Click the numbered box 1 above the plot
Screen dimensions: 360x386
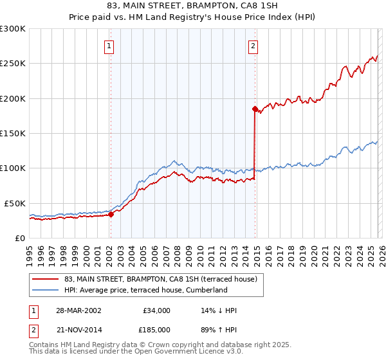click(110, 46)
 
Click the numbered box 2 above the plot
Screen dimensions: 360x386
click(253, 46)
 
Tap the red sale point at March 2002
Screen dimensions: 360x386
click(111, 215)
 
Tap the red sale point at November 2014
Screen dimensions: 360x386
click(255, 109)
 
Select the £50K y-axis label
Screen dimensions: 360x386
click(15, 203)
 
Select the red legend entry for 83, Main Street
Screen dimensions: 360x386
click(161, 279)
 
